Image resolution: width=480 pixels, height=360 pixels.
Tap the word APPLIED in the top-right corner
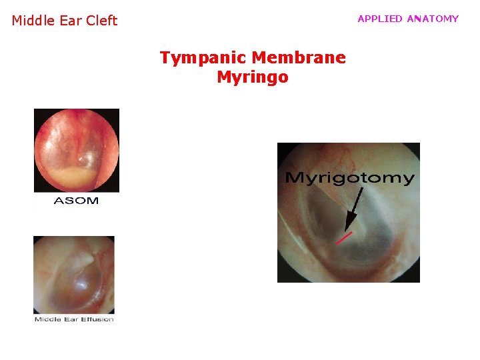[x=380, y=19]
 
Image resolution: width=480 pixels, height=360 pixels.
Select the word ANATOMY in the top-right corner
[x=433, y=19]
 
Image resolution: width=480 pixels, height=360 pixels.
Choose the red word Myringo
[x=253, y=77]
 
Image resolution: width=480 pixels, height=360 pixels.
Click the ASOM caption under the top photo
[x=76, y=201]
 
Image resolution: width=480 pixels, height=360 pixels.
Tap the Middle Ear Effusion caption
[x=74, y=319]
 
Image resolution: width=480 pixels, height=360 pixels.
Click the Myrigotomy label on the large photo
[x=349, y=178]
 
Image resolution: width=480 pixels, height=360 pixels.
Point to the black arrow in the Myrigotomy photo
[x=354, y=207]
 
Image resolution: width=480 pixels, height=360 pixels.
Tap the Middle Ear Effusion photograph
[x=74, y=274]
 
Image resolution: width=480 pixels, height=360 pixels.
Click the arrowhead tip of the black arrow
[x=347, y=229]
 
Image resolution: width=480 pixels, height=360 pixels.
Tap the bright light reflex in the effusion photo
[x=81, y=284]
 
